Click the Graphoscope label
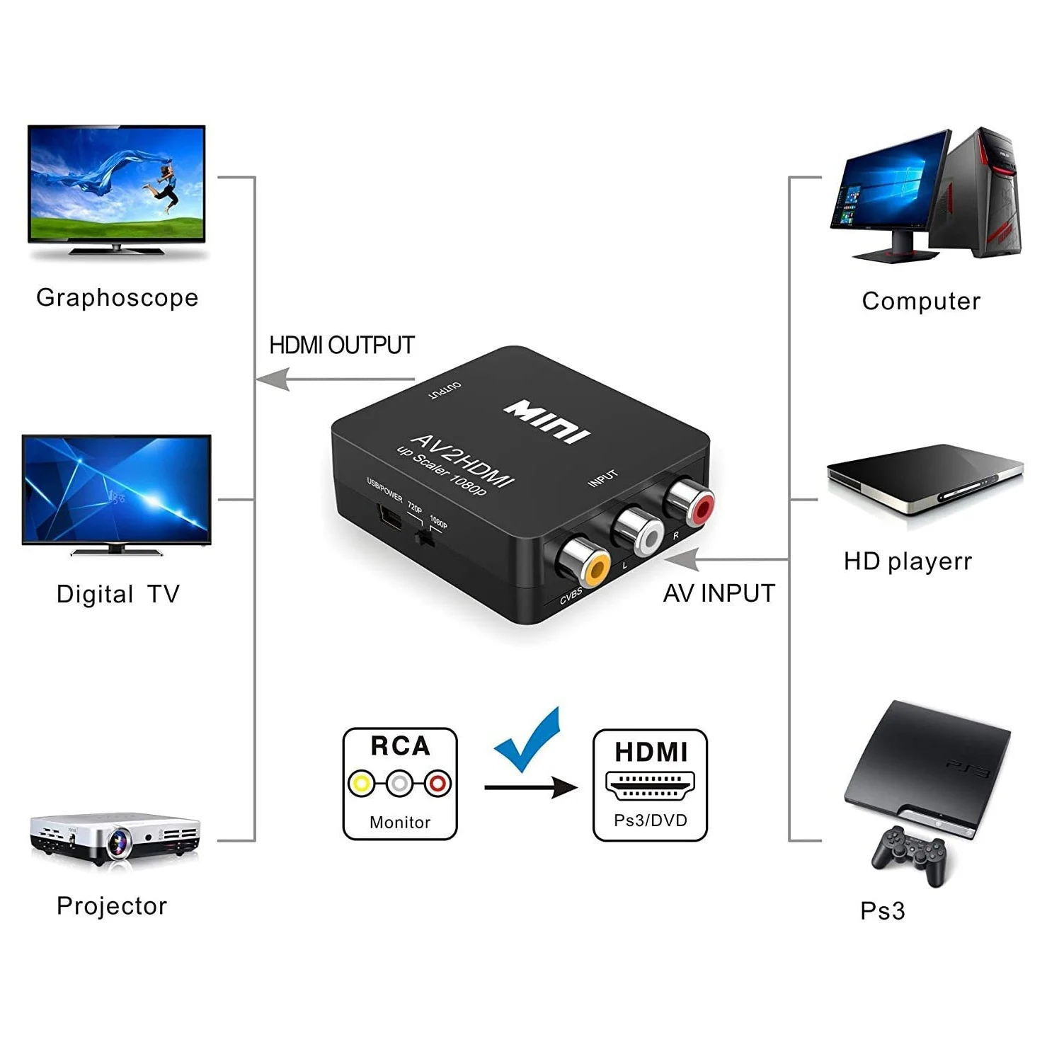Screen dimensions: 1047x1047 coord(117,298)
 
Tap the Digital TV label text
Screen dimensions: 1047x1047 coord(118,594)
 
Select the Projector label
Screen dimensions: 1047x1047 coord(112,906)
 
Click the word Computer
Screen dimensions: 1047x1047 coord(921,302)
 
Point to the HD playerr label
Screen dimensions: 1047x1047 coord(908,562)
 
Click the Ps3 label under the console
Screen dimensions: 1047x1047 coord(882,911)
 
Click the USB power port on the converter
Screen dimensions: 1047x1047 coord(390,517)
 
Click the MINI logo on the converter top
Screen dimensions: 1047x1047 coord(547,420)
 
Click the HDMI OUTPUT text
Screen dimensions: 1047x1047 coord(342,345)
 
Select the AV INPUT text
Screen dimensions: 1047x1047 coord(719,593)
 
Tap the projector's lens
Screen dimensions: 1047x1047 coord(118,843)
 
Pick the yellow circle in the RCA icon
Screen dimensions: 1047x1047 coord(362,784)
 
